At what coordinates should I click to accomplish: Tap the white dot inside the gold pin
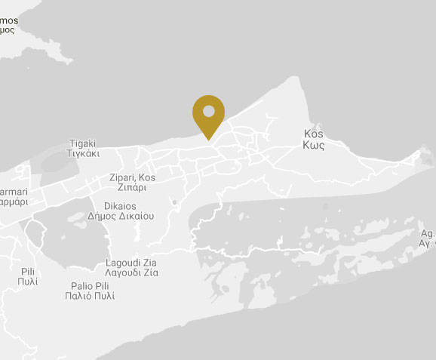tap(209, 112)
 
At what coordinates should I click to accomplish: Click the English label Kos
tap(313, 131)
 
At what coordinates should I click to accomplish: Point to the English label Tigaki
tap(82, 143)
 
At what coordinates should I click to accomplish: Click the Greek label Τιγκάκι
tap(82, 152)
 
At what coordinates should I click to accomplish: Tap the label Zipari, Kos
tap(132, 177)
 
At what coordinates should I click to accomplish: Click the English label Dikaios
tap(119, 205)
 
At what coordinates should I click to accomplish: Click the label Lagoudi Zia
tap(132, 263)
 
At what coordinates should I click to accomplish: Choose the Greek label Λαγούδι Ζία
tap(132, 272)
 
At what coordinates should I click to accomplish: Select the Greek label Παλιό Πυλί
tap(91, 296)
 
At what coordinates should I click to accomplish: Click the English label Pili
tap(28, 271)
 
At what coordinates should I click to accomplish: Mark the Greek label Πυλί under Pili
tap(28, 282)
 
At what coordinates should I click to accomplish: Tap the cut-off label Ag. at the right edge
tap(427, 234)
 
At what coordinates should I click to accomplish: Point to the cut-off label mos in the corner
tap(9, 20)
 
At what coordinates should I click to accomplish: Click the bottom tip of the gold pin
tap(209, 139)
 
